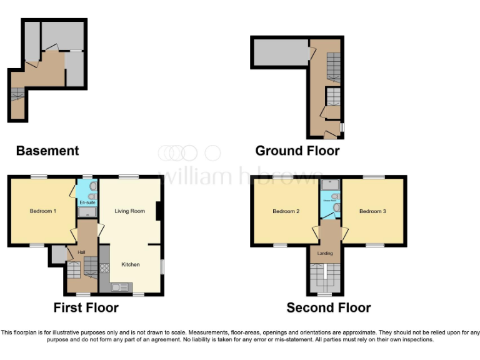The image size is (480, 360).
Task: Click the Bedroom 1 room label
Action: pyautogui.click(x=43, y=211)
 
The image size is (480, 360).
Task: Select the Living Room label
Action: pyautogui.click(x=129, y=211)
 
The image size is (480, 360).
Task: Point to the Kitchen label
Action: pyautogui.click(x=131, y=264)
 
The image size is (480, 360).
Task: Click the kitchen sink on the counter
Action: pyautogui.click(x=117, y=287)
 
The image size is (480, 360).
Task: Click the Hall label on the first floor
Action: pyautogui.click(x=81, y=252)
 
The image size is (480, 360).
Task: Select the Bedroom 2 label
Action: pyautogui.click(x=286, y=211)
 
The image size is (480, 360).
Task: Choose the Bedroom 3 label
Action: pyautogui.click(x=372, y=211)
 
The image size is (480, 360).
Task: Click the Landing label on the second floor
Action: pyautogui.click(x=325, y=253)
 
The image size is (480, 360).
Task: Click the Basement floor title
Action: pyautogui.click(x=47, y=151)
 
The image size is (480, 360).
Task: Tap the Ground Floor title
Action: pyautogui.click(x=297, y=151)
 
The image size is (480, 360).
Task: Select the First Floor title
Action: pyautogui.click(x=86, y=307)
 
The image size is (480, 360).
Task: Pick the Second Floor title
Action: pyautogui.click(x=328, y=307)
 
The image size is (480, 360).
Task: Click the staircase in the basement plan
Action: pyautogui.click(x=17, y=94)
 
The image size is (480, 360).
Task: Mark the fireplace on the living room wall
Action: pyautogui.click(x=160, y=211)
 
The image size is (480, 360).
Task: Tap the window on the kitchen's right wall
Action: pyautogui.click(x=162, y=266)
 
